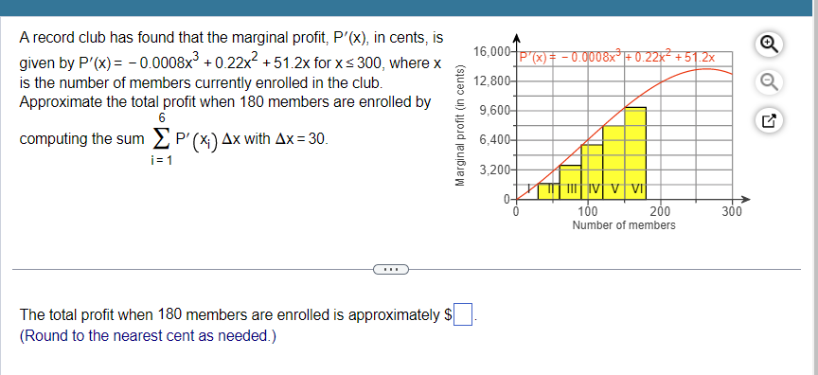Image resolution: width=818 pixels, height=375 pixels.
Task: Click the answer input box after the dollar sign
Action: (x=462, y=313)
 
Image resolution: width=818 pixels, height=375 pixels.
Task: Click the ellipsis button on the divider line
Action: (x=388, y=271)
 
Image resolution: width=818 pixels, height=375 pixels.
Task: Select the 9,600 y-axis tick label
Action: (x=493, y=111)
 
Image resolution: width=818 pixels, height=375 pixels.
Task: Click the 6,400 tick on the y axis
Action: (x=493, y=140)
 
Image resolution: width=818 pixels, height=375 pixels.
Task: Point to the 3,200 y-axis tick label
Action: (x=493, y=170)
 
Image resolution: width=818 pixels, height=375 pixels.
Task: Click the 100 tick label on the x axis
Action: (x=588, y=212)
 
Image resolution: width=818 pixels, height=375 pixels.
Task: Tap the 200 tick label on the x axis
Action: (x=660, y=212)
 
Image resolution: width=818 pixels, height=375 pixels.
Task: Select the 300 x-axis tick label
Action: (x=731, y=212)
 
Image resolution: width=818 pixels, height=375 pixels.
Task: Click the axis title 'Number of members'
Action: (x=624, y=225)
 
